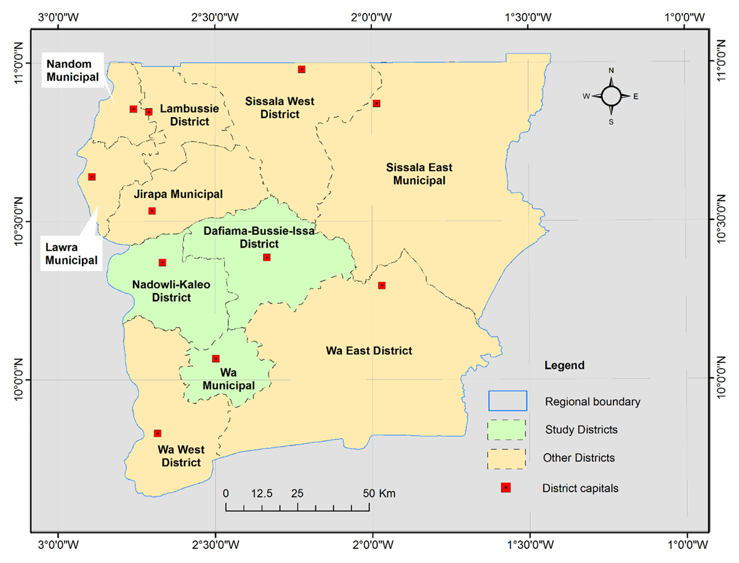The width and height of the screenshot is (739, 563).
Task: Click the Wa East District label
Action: tap(369, 350)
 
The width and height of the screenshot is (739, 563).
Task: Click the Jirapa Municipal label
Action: tap(178, 194)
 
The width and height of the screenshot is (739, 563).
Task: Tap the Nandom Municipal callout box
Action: tap(73, 71)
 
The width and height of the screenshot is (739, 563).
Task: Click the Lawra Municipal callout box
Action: tap(71, 253)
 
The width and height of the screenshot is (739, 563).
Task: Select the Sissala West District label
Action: tap(280, 107)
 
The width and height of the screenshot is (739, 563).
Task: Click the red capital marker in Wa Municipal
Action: tap(216, 358)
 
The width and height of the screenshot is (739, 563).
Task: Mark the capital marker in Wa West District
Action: tap(158, 434)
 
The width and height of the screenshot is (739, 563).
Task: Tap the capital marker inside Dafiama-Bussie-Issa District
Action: tap(267, 257)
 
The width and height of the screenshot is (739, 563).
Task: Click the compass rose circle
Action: tap(611, 96)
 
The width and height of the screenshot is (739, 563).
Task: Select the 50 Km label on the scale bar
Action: tap(379, 493)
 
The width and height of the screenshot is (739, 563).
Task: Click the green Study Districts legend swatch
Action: tap(507, 429)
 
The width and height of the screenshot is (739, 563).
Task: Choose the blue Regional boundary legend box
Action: tap(507, 401)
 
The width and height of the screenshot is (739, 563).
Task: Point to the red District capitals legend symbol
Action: tap(506, 488)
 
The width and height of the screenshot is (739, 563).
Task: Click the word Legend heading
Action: tap(565, 365)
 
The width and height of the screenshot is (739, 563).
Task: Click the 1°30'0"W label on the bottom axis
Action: tap(530, 545)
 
